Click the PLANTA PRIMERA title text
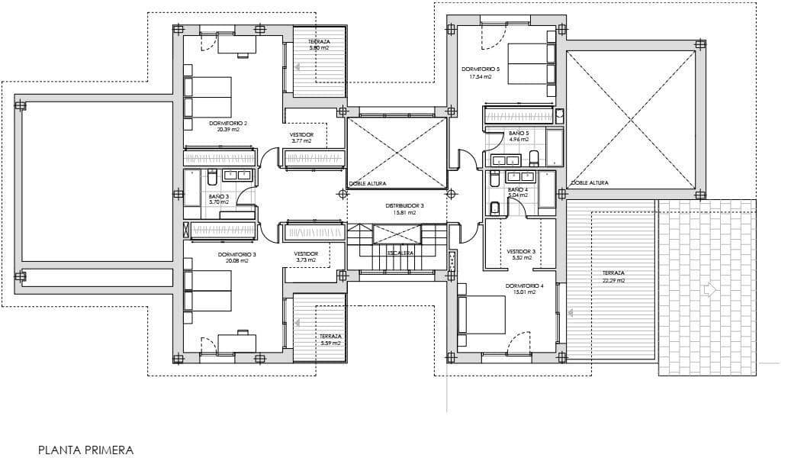coord(85,450)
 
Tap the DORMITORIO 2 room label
coord(228,122)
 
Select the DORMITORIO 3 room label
coord(236,254)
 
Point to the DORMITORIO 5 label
coord(481,69)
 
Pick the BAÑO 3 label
coord(218,196)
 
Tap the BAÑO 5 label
coord(519,133)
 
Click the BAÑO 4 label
coord(517,189)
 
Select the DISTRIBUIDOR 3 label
coord(404,206)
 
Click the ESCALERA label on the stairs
coord(400,253)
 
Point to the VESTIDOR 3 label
coord(522,251)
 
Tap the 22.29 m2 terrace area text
coord(613,280)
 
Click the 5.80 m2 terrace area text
coord(319,48)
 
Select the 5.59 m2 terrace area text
coord(330,343)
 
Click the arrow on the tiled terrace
coord(709,290)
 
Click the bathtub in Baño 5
coord(554,147)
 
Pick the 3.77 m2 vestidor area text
coord(301,140)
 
